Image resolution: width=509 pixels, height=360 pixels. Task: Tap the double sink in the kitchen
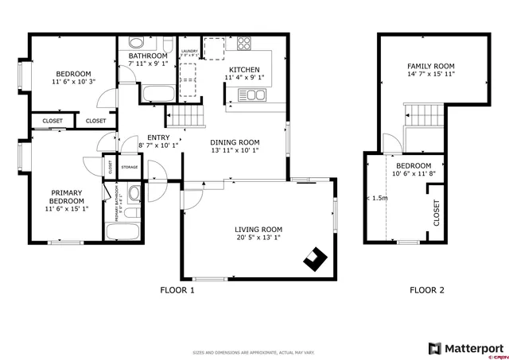point(252,95)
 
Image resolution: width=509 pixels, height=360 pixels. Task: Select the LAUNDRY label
point(189,51)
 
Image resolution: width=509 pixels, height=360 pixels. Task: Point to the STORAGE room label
point(129,167)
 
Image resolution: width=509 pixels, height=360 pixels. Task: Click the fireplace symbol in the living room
point(315,259)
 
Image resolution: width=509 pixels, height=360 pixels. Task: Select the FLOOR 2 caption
point(426,290)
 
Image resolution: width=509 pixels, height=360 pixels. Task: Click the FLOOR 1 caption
point(177,290)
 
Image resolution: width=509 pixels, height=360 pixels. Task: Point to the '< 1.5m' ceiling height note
point(377,199)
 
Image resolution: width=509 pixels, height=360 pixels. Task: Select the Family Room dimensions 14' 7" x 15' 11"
point(430,75)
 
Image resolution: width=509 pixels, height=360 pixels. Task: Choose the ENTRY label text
point(158,137)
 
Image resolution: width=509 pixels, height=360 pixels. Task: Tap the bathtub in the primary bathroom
point(122,232)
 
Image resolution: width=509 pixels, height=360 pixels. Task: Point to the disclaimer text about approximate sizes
point(254,352)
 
